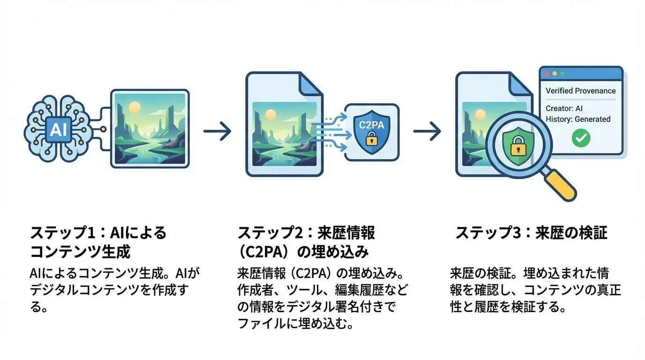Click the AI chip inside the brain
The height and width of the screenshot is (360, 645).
[x=59, y=129]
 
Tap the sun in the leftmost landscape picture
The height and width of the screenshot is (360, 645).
[x=135, y=107]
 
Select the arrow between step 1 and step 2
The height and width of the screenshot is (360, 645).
[x=217, y=131]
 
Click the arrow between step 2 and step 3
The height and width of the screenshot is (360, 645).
[x=427, y=131]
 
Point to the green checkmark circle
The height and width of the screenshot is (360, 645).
[x=581, y=138]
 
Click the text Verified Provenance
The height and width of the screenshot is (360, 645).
[x=581, y=91]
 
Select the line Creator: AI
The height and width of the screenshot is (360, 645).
[x=564, y=108]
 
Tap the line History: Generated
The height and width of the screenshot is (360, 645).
[x=578, y=119]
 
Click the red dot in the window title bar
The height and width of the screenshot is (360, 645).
[x=546, y=74]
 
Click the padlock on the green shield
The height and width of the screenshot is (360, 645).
[x=517, y=148]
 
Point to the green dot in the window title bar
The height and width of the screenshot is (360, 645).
[x=562, y=74]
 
